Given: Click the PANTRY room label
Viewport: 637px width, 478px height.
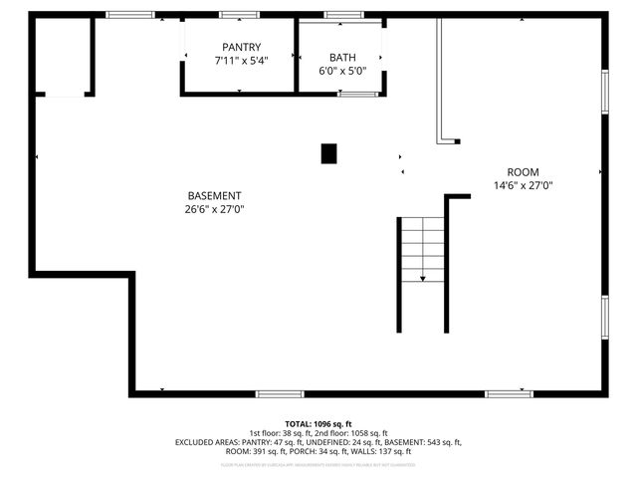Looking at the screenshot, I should [x=241, y=47].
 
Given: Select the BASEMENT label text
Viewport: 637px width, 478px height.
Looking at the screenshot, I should [x=214, y=195].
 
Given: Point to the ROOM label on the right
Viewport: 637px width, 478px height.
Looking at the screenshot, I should [x=523, y=171].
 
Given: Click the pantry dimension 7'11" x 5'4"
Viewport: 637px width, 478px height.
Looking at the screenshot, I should [x=241, y=61].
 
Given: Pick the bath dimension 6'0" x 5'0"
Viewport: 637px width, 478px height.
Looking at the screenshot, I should [x=342, y=71].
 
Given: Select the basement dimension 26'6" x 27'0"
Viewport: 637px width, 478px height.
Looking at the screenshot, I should [x=214, y=209].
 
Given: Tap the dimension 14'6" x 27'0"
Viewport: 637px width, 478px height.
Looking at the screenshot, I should [x=523, y=185].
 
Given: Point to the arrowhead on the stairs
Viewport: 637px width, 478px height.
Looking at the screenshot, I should [x=422, y=279].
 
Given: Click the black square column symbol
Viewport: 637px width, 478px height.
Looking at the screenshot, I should [x=328, y=153].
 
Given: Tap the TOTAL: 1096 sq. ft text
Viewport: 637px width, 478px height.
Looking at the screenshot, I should [x=318, y=423].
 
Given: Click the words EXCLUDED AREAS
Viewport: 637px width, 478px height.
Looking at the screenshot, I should [x=208, y=442].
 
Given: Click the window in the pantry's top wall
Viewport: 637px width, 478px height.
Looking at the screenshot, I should [x=239, y=15].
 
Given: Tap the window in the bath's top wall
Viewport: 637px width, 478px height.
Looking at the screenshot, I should [x=343, y=15].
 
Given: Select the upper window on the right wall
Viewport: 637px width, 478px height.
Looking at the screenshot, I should [x=604, y=92].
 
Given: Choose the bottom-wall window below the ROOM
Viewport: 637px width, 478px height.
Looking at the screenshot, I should [x=509, y=394].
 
